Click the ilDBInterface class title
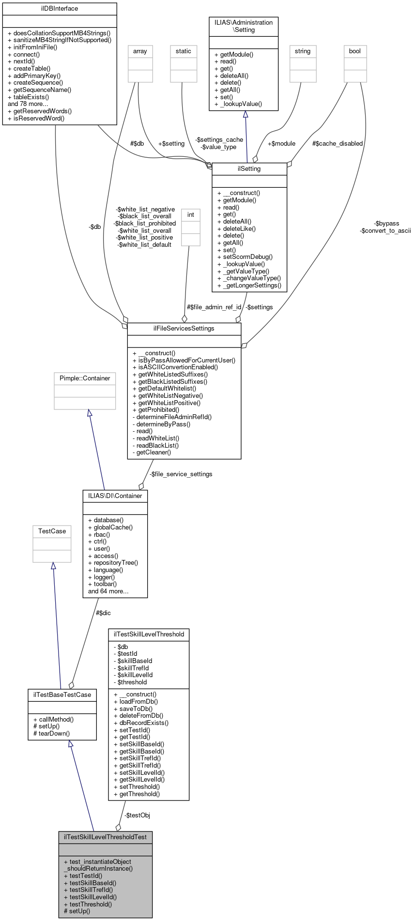tap(60, 9)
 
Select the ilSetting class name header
tap(249, 169)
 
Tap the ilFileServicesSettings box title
tap(184, 329)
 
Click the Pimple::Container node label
tap(85, 378)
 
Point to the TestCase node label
tap(52, 531)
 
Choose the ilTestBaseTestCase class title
tap(62, 695)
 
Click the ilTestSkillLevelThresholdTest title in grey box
tap(106, 837)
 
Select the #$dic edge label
tap(103, 613)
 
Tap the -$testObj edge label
tap(138, 815)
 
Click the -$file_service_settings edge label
tap(181, 474)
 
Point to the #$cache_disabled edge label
tap(337, 144)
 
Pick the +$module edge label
tap(281, 144)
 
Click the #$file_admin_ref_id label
tap(214, 307)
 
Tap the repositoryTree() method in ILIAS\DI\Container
tap(116, 563)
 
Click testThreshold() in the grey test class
tap(91, 904)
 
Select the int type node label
tap(191, 215)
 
